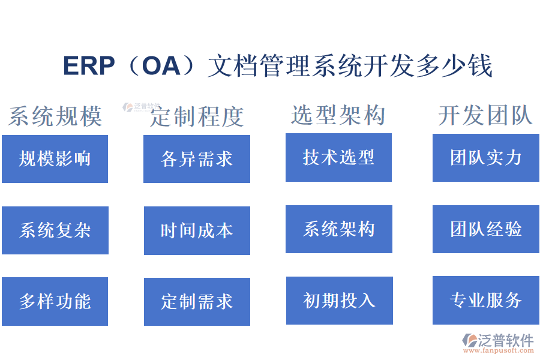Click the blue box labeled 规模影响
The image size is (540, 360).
click(x=55, y=159)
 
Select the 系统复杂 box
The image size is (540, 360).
click(x=55, y=230)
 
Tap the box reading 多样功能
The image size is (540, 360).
click(x=55, y=301)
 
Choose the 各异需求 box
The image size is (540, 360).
click(x=196, y=159)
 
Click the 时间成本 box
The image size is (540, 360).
click(x=196, y=230)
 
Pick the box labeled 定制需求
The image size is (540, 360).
click(x=196, y=301)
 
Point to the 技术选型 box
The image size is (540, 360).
click(x=338, y=157)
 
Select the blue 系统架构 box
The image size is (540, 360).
click(x=338, y=229)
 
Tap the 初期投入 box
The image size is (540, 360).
click(x=339, y=300)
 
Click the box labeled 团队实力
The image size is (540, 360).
click(x=485, y=157)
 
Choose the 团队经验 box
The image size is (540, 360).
click(x=485, y=229)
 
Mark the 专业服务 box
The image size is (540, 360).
click(x=485, y=300)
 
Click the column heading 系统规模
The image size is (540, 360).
click(x=55, y=116)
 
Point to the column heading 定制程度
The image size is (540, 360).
click(x=197, y=116)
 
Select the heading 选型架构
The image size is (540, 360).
click(x=338, y=115)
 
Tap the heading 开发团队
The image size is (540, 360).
click(x=485, y=115)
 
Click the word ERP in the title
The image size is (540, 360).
click(x=88, y=66)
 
